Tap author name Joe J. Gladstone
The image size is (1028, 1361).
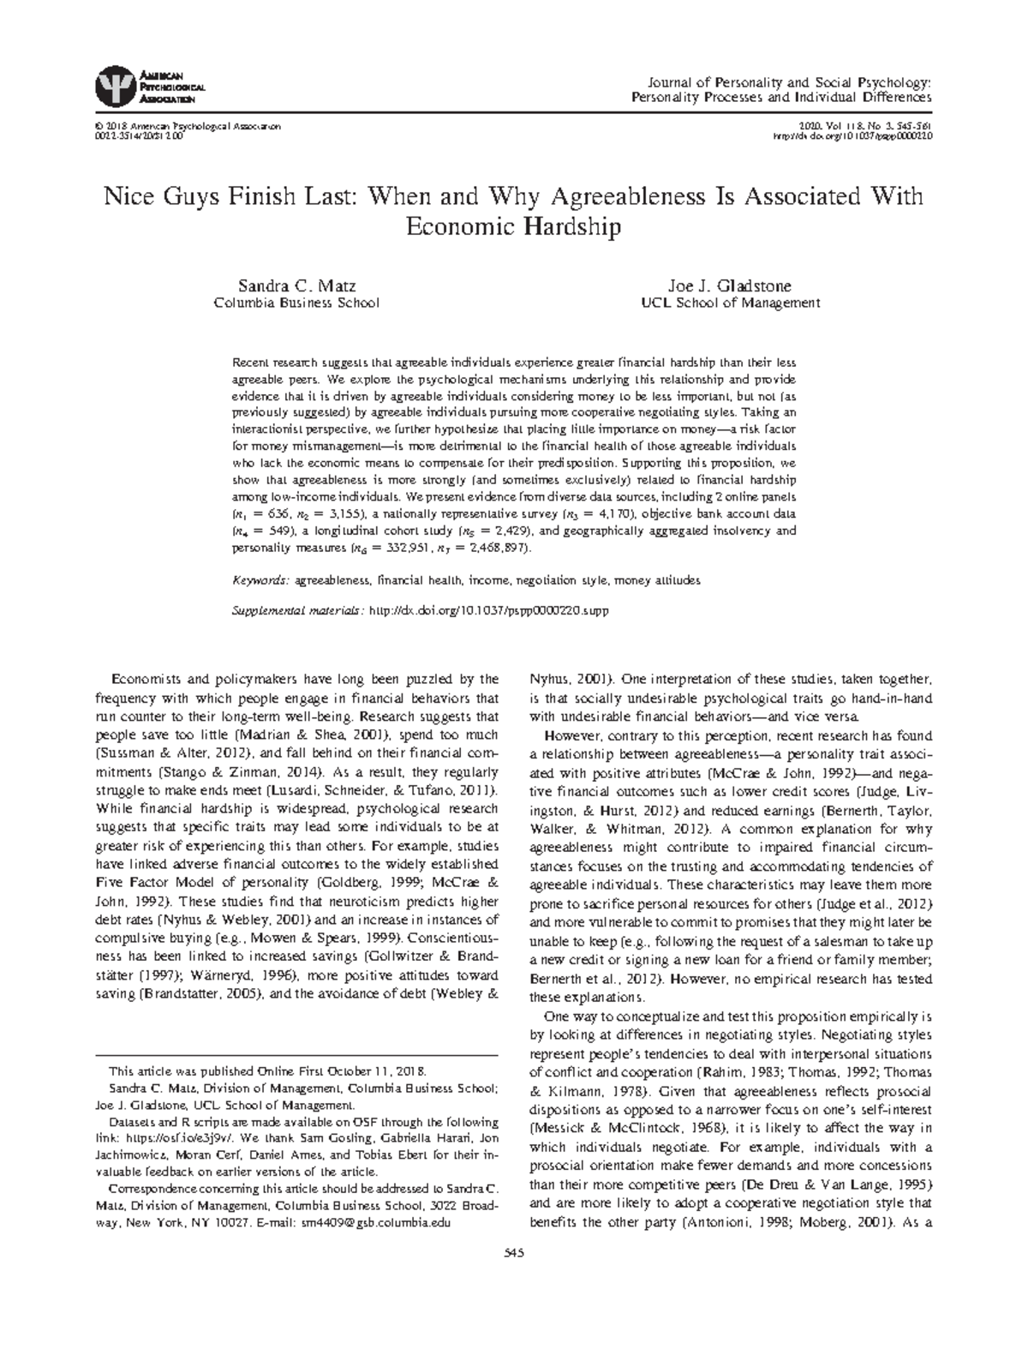pos(730,286)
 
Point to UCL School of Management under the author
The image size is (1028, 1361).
pos(730,303)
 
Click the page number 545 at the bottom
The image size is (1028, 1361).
pos(514,1254)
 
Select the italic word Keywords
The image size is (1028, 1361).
pos(261,580)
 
